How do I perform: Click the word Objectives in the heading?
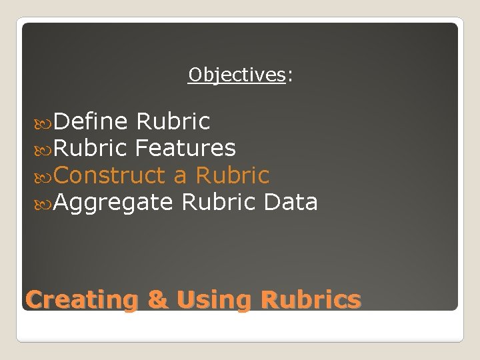pyautogui.click(x=237, y=75)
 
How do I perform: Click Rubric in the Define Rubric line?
pyautogui.click(x=173, y=121)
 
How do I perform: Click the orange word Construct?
pyautogui.click(x=109, y=175)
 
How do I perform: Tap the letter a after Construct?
pyautogui.click(x=180, y=176)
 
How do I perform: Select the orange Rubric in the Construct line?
pyautogui.click(x=232, y=175)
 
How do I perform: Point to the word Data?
pyautogui.click(x=291, y=201)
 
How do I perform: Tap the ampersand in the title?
pyautogui.click(x=158, y=299)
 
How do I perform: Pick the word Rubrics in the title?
pyautogui.click(x=311, y=299)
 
